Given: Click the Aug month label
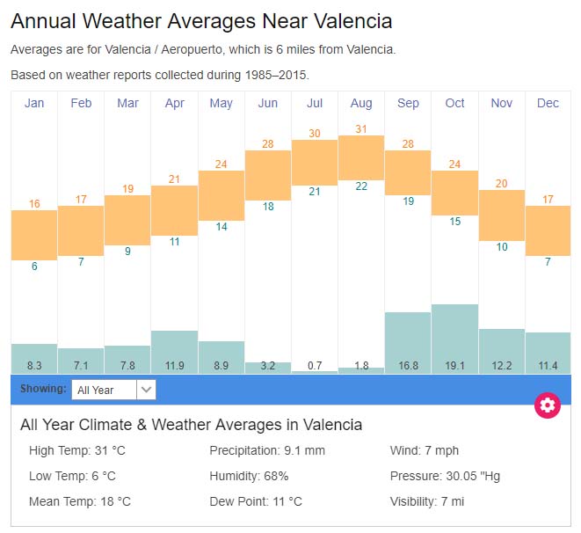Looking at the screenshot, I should tap(361, 103).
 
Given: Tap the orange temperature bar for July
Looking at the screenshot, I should tap(315, 163).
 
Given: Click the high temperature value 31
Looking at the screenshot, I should tap(361, 129).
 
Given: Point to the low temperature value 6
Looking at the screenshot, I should tap(34, 266).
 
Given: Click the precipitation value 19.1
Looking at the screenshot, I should tap(454, 365).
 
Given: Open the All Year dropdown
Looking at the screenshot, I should tap(113, 390).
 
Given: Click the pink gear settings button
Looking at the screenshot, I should tap(548, 405).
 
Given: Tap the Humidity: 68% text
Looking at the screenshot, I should tap(249, 476).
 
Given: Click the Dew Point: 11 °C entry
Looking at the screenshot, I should tap(255, 501).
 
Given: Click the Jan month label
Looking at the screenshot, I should tap(34, 103).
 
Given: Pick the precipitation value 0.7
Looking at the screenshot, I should tap(315, 365).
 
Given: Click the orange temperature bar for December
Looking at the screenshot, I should tap(548, 230).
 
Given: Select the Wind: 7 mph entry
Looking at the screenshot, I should tap(425, 451).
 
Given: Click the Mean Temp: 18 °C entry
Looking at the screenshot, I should tap(80, 501).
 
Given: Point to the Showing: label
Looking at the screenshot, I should tap(43, 389).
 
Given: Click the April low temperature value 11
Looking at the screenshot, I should tap(174, 242).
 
